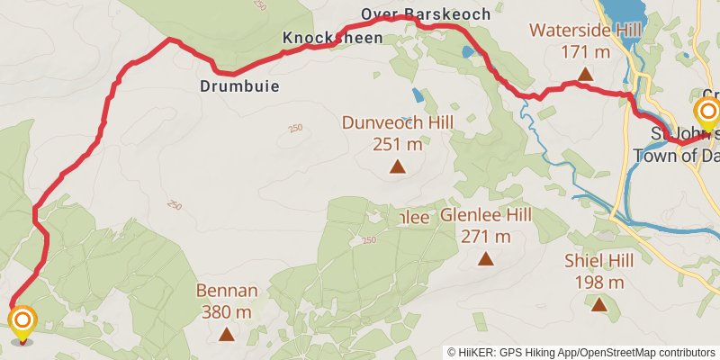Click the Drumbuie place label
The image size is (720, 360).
(x=239, y=87)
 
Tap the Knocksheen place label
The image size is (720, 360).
(x=332, y=38)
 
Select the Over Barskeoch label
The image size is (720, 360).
(x=426, y=13)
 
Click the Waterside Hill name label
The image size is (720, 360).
(x=585, y=31)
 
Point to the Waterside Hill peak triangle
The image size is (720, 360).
(x=585, y=74)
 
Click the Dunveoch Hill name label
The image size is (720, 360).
(x=397, y=121)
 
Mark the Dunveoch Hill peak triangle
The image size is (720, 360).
(x=397, y=166)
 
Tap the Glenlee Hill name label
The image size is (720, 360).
(x=486, y=215)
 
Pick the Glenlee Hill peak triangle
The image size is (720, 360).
(x=486, y=259)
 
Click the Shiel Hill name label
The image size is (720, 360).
(x=599, y=261)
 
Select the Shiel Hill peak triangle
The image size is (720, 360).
(x=599, y=304)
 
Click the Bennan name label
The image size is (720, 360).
(x=227, y=292)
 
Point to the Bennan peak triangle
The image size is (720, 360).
(x=227, y=335)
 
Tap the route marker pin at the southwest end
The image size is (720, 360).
(x=22, y=321)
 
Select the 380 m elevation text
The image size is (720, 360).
(x=227, y=312)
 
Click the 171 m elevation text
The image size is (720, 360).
(x=585, y=51)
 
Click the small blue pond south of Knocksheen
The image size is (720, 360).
(x=418, y=94)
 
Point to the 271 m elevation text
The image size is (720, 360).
(x=486, y=237)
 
